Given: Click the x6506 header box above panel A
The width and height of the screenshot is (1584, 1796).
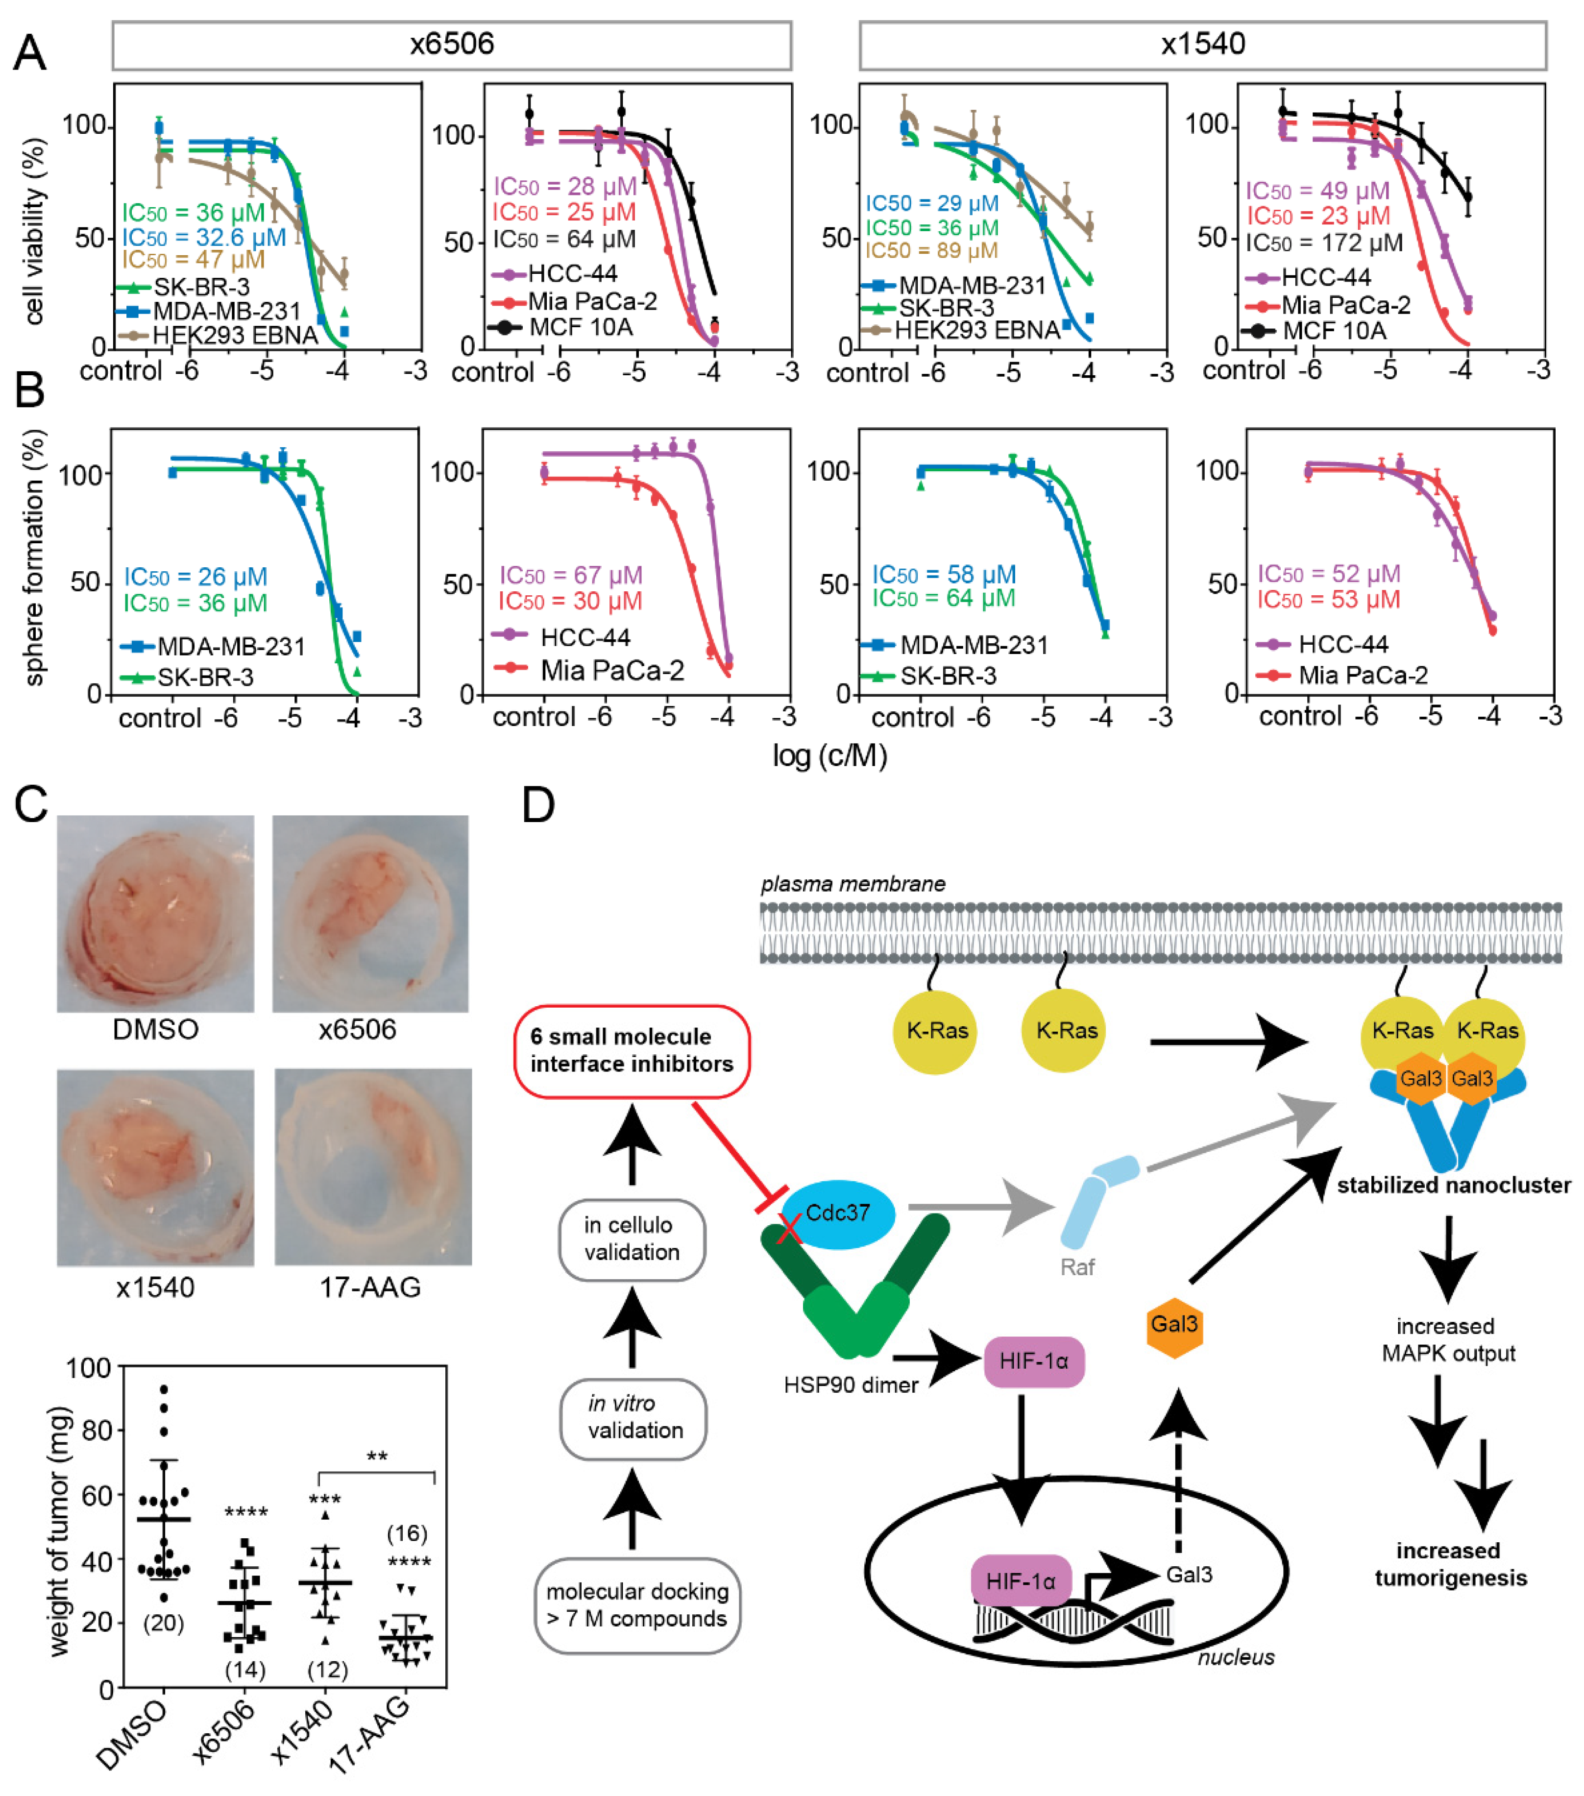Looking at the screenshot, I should [x=452, y=45].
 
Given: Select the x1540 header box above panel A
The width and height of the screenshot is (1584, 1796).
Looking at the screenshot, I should [x=1202, y=45].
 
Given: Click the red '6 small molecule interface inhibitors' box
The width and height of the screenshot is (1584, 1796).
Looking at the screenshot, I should [x=632, y=1051].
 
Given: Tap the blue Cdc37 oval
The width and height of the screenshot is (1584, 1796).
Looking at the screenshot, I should [x=838, y=1214].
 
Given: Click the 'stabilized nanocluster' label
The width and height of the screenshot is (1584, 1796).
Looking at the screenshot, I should [x=1453, y=1185].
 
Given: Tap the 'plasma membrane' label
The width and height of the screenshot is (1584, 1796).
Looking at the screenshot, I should [x=852, y=884].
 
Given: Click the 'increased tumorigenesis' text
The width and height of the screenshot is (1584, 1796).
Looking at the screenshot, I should [x=1450, y=1564].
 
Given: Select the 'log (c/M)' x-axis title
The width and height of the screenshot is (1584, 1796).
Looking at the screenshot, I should [x=829, y=755].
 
